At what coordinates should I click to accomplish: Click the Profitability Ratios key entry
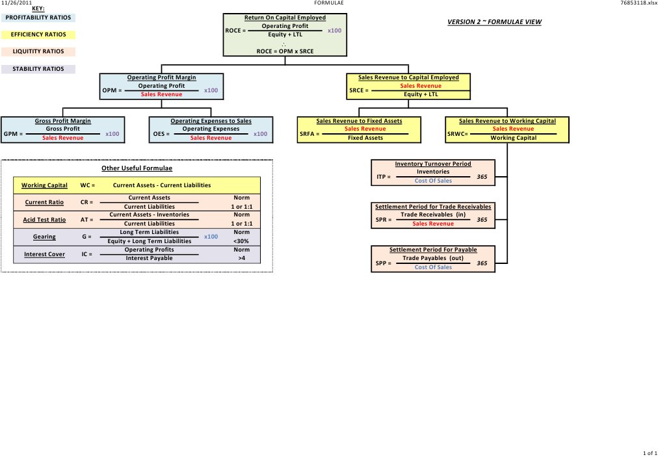tap(39, 18)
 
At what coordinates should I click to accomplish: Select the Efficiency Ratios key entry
tap(39, 34)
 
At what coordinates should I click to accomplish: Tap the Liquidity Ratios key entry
tap(39, 51)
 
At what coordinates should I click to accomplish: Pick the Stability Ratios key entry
tap(39, 68)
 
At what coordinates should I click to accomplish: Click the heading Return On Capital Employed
tap(285, 18)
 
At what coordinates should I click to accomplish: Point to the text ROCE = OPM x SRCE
tap(285, 50)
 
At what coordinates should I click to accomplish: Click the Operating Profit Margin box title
tap(161, 77)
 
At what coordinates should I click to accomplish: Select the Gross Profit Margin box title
tap(62, 121)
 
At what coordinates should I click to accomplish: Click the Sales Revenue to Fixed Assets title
tap(359, 121)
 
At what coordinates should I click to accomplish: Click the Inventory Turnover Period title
tap(433, 164)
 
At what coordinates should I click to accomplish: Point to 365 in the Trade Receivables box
tap(482, 220)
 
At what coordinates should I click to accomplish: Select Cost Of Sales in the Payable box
tap(433, 267)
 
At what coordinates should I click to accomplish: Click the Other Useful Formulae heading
tap(137, 169)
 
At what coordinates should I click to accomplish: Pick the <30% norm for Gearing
tap(241, 241)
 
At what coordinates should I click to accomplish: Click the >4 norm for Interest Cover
tap(241, 258)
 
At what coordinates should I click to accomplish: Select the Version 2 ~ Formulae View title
tap(494, 22)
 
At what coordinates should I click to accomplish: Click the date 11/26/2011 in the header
tap(16, 3)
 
